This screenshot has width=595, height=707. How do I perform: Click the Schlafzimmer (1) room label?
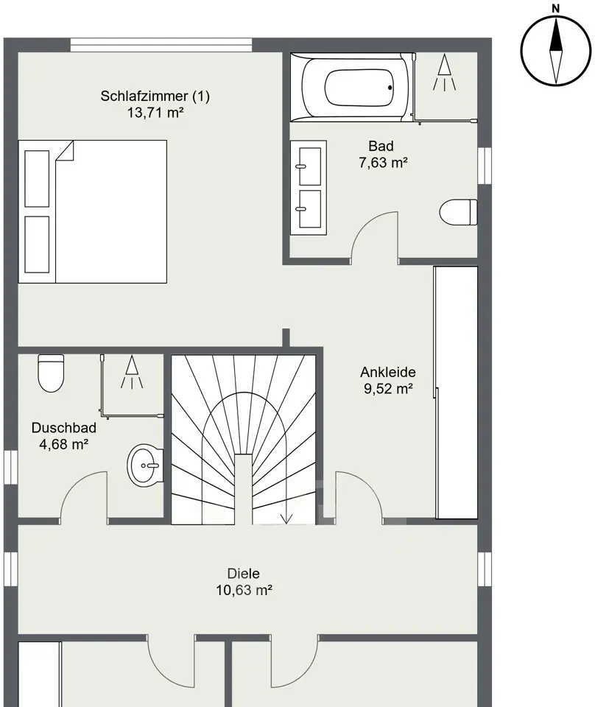(x=155, y=96)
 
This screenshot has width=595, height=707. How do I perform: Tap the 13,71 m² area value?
(x=155, y=112)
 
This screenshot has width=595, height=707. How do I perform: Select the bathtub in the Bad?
(x=353, y=88)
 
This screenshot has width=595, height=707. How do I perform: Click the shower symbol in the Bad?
(x=445, y=72)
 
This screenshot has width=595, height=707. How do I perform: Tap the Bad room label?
(x=381, y=146)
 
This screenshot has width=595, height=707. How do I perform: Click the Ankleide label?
(x=387, y=373)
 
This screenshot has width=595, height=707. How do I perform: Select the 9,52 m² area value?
(x=388, y=389)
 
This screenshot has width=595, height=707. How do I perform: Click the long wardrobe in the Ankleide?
(x=456, y=393)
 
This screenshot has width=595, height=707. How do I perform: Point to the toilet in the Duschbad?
(x=51, y=373)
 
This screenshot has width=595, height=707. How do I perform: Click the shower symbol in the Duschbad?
(x=132, y=372)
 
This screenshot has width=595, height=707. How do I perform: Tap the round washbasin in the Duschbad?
(x=145, y=465)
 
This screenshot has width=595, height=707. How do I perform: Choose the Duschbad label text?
(x=63, y=428)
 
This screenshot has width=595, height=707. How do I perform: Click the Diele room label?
(x=244, y=574)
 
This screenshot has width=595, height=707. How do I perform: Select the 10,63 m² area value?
(x=244, y=590)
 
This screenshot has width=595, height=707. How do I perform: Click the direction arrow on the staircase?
(x=286, y=509)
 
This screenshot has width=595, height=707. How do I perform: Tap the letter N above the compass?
(x=556, y=8)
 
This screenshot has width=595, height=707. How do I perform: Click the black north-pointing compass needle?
(x=556, y=35)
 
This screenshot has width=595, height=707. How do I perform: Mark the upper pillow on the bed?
(x=37, y=178)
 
